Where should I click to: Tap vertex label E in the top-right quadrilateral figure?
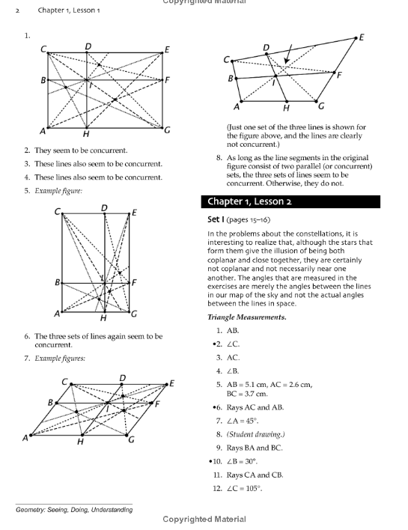pos(362,37)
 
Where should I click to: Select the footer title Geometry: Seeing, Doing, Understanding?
pos(74,510)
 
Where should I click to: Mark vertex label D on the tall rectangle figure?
pos(103,207)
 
